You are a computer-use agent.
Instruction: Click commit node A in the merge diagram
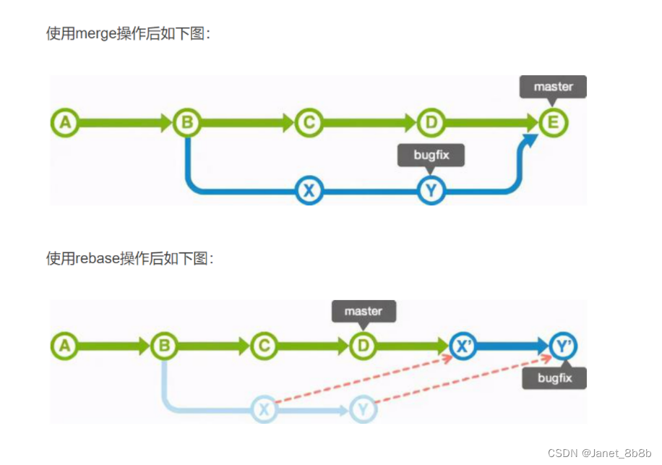click(x=65, y=123)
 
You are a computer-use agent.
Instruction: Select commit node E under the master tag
click(x=553, y=123)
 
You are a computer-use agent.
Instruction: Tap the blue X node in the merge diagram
click(x=309, y=191)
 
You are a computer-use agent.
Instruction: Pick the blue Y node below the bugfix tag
click(x=431, y=191)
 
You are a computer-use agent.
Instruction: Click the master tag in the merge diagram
click(x=553, y=87)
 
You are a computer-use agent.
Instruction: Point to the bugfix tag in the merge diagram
click(x=431, y=155)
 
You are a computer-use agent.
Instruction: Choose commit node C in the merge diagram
click(x=309, y=123)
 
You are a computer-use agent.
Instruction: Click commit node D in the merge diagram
click(x=431, y=123)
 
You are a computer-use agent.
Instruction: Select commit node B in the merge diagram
click(x=187, y=123)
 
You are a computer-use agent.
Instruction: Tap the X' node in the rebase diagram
click(x=463, y=346)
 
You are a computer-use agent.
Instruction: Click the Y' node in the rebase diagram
click(x=562, y=346)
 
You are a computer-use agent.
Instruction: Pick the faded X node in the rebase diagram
click(x=265, y=410)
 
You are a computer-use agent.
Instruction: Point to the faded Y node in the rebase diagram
click(x=363, y=410)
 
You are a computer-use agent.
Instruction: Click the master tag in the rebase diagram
click(x=363, y=311)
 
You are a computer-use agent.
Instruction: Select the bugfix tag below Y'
click(x=554, y=378)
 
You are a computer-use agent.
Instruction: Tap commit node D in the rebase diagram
click(x=363, y=346)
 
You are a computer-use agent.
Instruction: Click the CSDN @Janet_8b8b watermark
click(x=599, y=453)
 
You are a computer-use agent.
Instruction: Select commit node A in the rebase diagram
click(x=65, y=346)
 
